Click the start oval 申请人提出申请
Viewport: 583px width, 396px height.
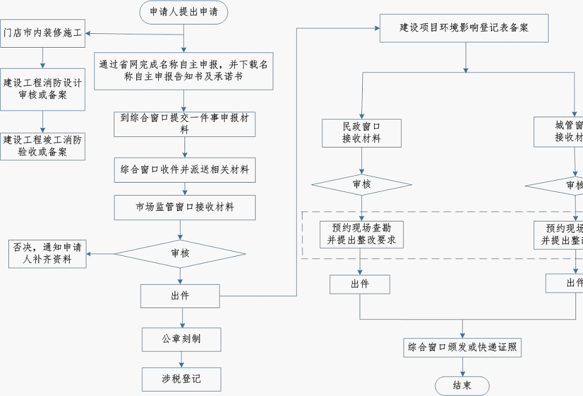183,12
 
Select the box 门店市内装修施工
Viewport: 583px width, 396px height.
43,33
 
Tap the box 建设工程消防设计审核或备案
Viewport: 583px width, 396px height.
43,89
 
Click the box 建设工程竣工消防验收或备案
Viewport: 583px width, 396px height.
43,146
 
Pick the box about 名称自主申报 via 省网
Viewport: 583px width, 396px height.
185,70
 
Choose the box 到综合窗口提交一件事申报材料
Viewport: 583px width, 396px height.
185,124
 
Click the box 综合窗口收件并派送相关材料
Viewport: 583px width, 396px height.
185,169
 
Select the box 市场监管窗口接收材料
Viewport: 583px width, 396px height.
185,207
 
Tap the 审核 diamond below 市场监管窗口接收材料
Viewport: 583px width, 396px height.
180,254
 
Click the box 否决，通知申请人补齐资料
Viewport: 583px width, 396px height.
48,253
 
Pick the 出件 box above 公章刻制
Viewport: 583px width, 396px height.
180,296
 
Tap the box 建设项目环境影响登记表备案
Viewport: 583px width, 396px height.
464,28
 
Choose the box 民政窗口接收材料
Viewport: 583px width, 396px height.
361,132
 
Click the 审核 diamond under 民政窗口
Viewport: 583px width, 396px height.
361,185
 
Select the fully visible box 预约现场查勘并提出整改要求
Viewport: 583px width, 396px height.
361,235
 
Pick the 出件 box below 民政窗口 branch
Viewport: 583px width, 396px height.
360,284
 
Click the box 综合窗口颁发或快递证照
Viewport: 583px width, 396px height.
463,347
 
